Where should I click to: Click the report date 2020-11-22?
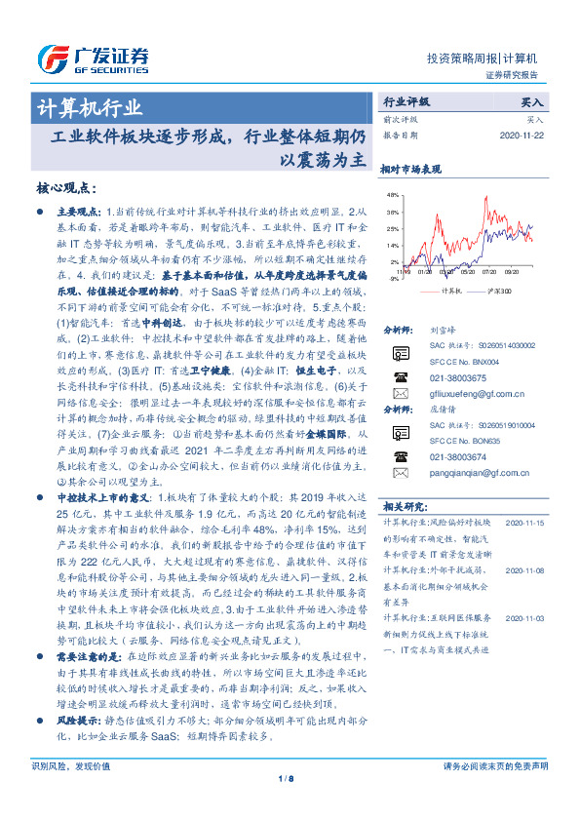pos(525,135)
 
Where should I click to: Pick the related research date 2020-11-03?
pos(524,618)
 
